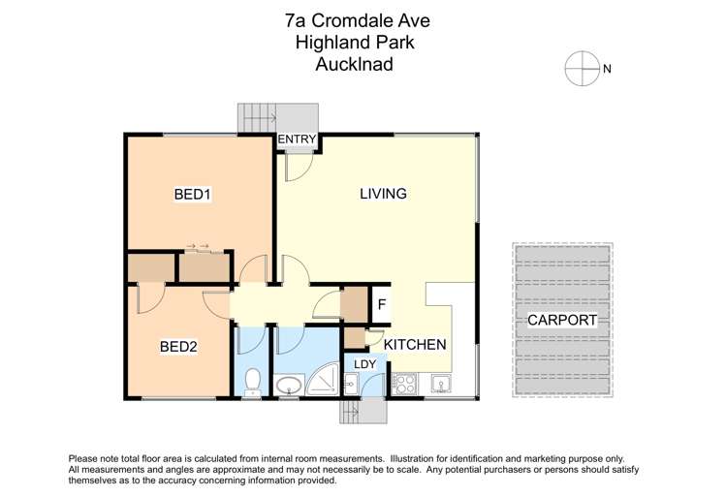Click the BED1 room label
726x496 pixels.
pos(193,195)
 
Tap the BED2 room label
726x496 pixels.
pos(179,345)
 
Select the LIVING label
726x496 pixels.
pos(383,194)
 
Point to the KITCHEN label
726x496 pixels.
pos(415,344)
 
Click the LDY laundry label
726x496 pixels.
pos(364,364)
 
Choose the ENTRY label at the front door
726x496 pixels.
pos(297,140)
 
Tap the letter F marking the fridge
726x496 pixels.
pos(382,304)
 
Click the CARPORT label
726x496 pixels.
pos(562,320)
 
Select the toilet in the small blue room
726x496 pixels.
pos(251,383)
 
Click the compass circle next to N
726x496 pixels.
pos(582,67)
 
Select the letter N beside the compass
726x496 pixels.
pos(608,68)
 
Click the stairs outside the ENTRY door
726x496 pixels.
pos(258,118)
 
